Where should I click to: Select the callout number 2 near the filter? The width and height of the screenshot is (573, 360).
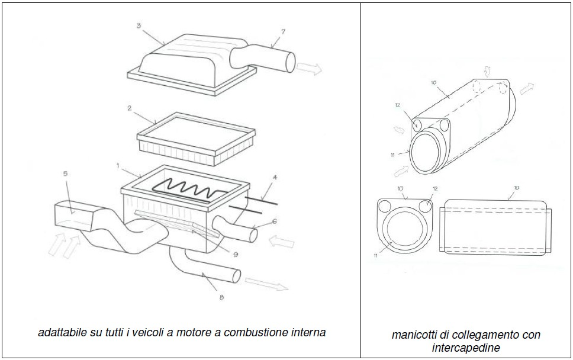[128, 109]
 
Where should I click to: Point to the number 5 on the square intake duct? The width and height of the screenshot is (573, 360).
[66, 174]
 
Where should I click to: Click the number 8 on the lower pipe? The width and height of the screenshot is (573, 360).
[221, 297]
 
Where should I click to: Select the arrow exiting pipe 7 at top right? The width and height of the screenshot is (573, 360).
[309, 69]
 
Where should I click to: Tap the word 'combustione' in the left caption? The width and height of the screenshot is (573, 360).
[246, 332]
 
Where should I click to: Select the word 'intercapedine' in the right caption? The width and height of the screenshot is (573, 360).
[466, 346]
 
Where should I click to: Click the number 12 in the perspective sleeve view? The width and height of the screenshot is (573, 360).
[397, 106]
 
